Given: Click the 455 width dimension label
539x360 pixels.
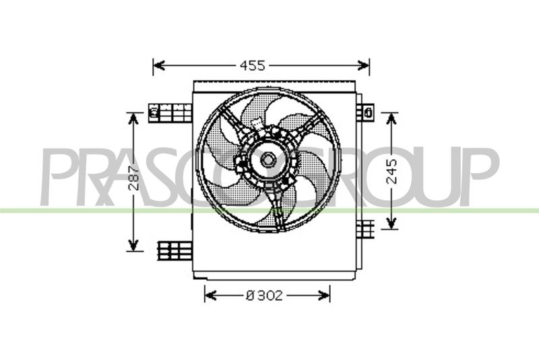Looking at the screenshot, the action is click(x=252, y=65).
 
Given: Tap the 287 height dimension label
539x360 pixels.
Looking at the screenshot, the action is click(x=133, y=178).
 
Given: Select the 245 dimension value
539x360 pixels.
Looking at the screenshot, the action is click(x=391, y=171).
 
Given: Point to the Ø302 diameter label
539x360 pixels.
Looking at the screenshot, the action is click(x=264, y=295).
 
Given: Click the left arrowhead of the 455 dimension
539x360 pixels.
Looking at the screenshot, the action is click(x=159, y=65).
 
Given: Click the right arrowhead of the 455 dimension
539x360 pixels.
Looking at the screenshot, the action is click(x=364, y=65).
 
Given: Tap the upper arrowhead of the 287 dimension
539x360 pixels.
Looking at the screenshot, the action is click(x=133, y=119).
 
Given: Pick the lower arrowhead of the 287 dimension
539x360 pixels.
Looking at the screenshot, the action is click(x=133, y=245).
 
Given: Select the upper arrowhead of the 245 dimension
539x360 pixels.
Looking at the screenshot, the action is click(x=391, y=119).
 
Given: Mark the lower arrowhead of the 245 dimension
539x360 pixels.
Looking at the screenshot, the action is click(x=391, y=222).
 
